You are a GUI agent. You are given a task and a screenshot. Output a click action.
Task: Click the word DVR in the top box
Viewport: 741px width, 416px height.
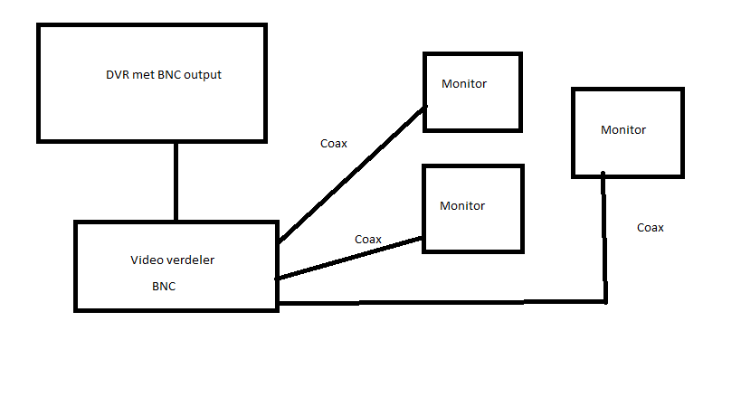coord(117,75)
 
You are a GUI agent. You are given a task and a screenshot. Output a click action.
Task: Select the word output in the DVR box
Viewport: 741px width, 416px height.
coord(202,75)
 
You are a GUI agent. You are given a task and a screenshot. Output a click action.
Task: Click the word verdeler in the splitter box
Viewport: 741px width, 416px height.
coord(189,260)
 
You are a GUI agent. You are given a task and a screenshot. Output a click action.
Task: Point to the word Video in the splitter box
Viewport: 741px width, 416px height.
coord(146,260)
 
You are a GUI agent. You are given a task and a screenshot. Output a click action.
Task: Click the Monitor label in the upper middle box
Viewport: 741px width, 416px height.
coord(464,84)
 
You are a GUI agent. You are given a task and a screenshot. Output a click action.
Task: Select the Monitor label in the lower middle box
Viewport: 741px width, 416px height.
coord(462,205)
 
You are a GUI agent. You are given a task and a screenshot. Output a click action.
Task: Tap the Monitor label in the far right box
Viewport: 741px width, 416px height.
coord(623,129)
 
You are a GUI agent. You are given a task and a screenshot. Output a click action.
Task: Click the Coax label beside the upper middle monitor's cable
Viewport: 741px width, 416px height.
coord(334,143)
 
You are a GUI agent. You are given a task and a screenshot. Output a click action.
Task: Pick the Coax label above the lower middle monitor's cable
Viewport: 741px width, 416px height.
coord(367,239)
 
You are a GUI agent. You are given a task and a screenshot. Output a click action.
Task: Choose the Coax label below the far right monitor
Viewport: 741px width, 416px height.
coord(650,227)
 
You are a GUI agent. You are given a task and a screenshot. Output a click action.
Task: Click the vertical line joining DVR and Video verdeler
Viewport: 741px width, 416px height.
coord(176,181)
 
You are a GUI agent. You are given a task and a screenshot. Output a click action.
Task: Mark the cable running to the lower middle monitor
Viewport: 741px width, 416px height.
coord(350,259)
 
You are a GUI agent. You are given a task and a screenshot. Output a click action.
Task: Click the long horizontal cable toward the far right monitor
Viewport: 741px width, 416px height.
coord(443,302)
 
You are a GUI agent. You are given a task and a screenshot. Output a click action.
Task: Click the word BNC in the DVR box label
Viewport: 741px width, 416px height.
coord(169,75)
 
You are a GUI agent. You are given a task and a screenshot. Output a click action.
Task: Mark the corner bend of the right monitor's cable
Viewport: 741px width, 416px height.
coord(604,301)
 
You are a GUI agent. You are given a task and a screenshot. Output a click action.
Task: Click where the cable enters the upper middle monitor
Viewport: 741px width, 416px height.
coord(425,108)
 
